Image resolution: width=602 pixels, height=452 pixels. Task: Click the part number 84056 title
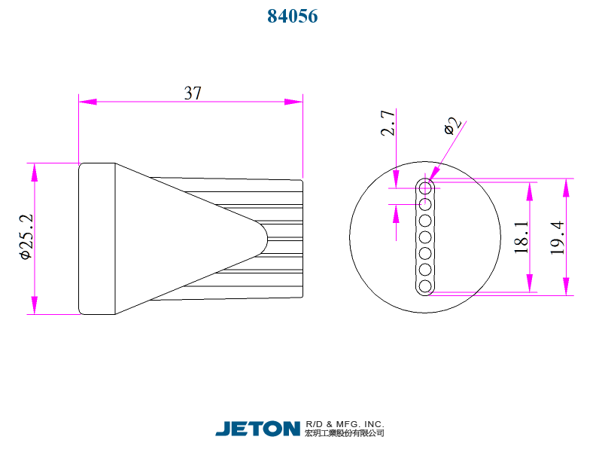pyautogui.click(x=293, y=16)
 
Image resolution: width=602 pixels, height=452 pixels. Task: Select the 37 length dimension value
pyautogui.click(x=193, y=93)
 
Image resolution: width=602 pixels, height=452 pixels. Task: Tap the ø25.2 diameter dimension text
pyautogui.click(x=25, y=237)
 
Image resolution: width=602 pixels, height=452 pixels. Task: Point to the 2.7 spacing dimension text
pyautogui.click(x=388, y=123)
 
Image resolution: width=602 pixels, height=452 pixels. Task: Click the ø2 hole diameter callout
pyautogui.click(x=451, y=125)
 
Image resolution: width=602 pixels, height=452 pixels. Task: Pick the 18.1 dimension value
pyautogui.click(x=521, y=237)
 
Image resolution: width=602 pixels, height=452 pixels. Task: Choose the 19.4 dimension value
pyautogui.click(x=557, y=237)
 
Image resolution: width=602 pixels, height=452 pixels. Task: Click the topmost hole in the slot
pyautogui.click(x=425, y=186)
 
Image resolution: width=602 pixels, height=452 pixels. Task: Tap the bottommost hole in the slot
pyautogui.click(x=425, y=286)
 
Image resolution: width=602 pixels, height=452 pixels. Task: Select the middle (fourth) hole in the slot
pyautogui.click(x=425, y=237)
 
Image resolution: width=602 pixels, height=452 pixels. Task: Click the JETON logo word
pyautogui.click(x=257, y=429)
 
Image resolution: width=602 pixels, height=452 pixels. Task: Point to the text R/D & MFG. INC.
pyautogui.click(x=345, y=423)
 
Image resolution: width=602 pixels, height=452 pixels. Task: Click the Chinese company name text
pyautogui.click(x=345, y=433)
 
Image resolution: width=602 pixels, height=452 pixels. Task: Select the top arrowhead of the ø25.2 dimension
pyautogui.click(x=34, y=171)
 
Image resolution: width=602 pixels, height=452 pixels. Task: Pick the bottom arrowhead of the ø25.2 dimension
pyautogui.click(x=34, y=305)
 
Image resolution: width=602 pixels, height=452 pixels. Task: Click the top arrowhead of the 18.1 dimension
pyautogui.click(x=531, y=191)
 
